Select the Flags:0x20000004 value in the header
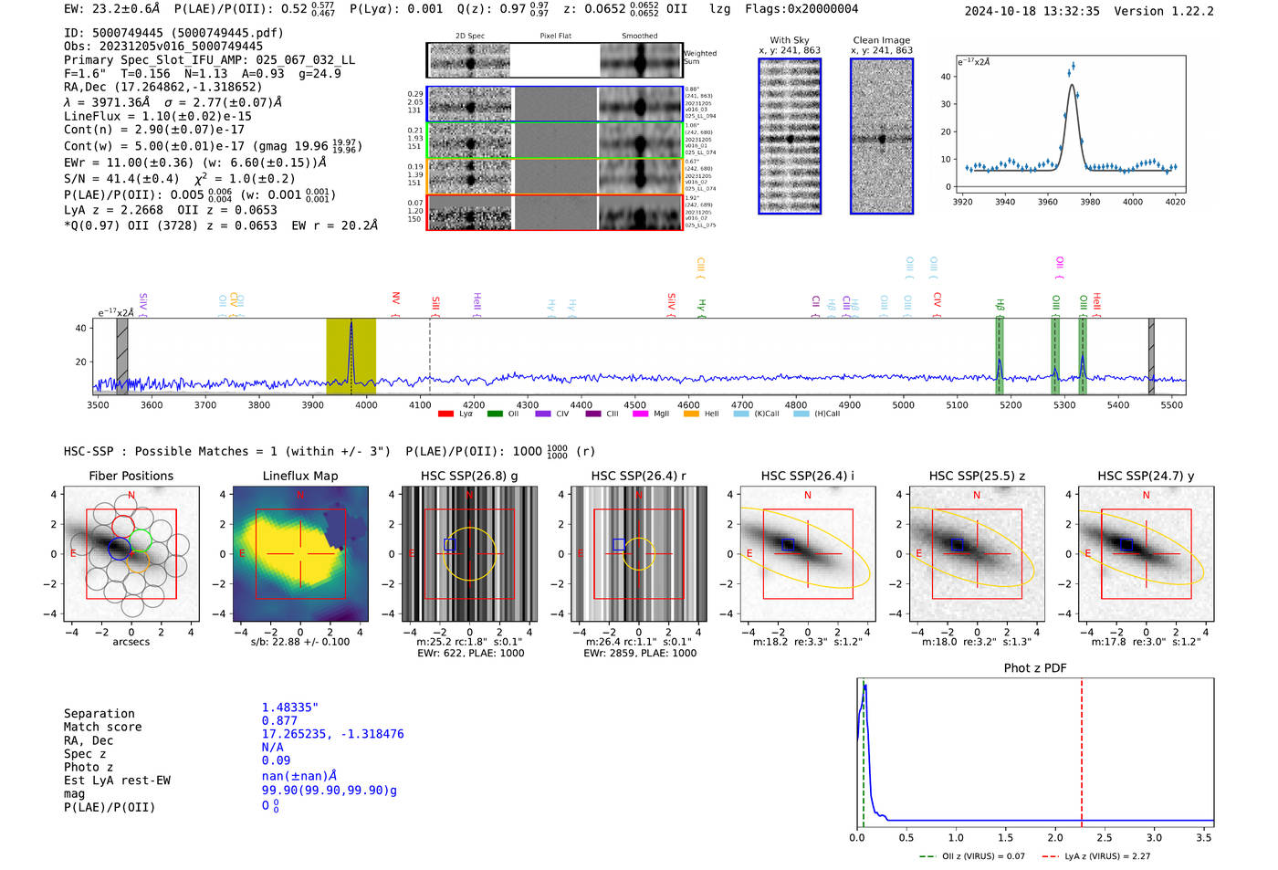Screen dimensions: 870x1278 point(801,8)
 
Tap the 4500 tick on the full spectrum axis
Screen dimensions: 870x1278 point(634,405)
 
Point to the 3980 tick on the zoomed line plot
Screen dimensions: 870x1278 point(1090,202)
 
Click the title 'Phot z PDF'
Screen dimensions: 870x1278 point(1035,667)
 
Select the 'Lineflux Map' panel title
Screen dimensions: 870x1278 point(300,476)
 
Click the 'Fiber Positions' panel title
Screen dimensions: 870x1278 point(131,476)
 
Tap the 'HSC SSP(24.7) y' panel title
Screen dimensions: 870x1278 point(1146,476)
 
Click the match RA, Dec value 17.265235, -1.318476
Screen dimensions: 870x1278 point(332,734)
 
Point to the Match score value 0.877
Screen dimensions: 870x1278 point(279,720)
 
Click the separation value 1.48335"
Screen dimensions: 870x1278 point(290,708)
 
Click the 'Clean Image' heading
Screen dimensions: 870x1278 point(881,40)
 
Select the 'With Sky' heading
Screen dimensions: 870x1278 point(790,40)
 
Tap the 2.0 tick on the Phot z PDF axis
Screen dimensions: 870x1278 point(1055,837)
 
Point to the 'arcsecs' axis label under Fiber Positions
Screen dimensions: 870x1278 point(131,642)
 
